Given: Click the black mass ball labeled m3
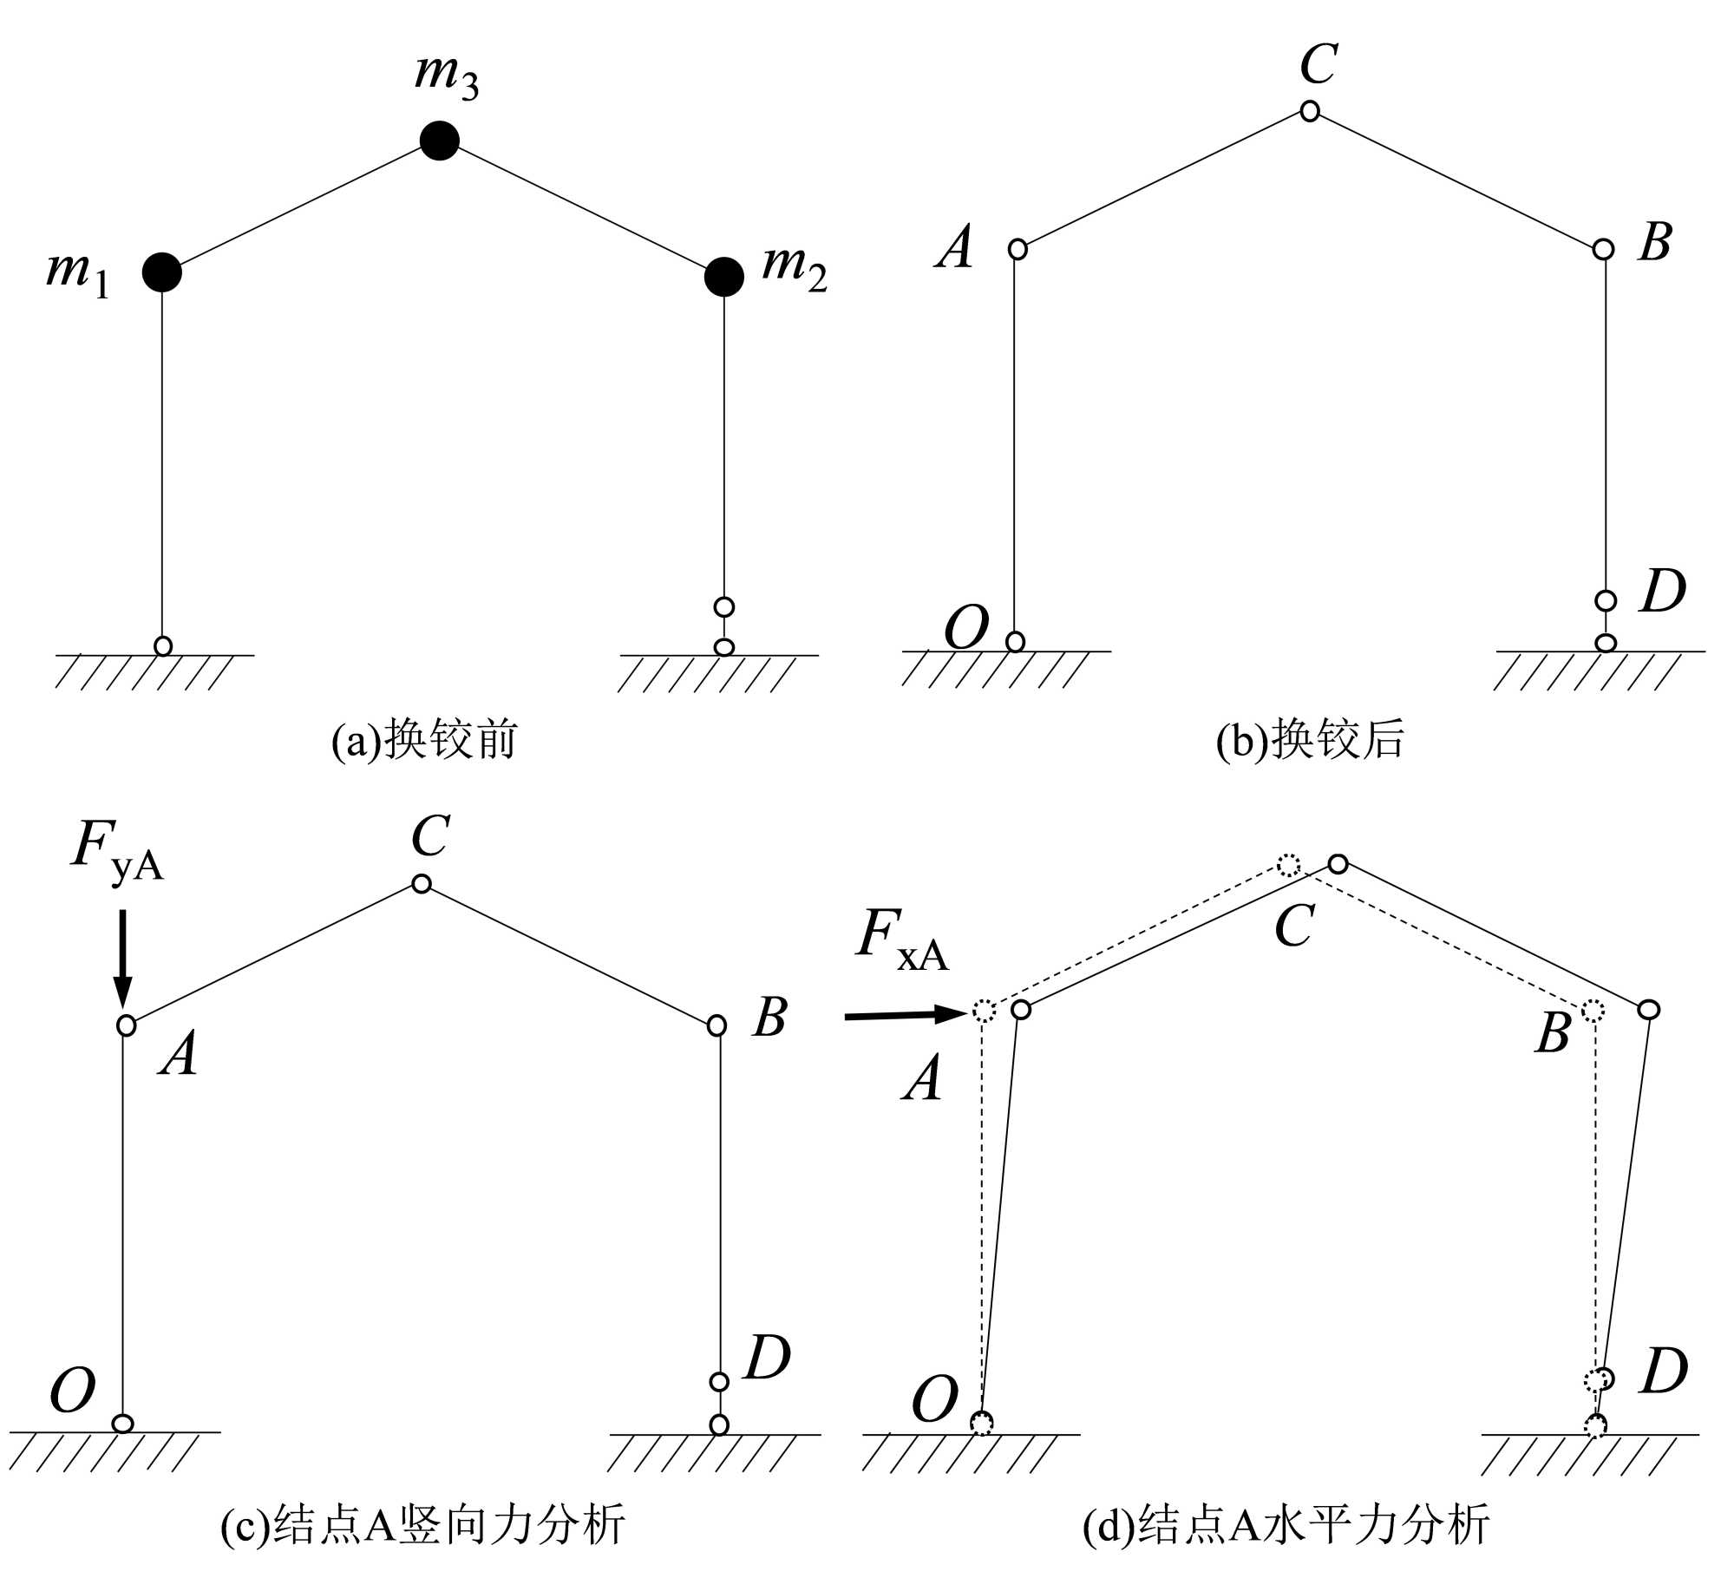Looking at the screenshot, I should tap(439, 141).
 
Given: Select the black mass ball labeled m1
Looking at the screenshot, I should tap(162, 272).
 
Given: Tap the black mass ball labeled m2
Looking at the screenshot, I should tap(723, 277).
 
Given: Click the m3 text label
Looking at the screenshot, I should tap(446, 75).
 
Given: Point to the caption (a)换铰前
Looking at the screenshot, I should tap(424, 740).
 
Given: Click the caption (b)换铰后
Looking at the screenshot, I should tap(1310, 740).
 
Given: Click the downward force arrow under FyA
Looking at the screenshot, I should tap(122, 959).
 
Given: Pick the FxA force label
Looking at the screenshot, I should tap(902, 938).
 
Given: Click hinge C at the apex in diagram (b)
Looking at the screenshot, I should tap(1310, 111).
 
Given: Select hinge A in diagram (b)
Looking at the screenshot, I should tap(1017, 249).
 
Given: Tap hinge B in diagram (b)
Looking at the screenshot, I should tap(1604, 249).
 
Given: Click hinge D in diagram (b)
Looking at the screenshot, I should tap(1606, 599).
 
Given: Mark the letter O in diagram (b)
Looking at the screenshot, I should tap(965, 628).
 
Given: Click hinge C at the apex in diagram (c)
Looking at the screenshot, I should tap(422, 884).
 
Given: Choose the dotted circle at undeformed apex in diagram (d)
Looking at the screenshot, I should tap(1289, 865).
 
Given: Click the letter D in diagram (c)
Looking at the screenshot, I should tap(767, 1358).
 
